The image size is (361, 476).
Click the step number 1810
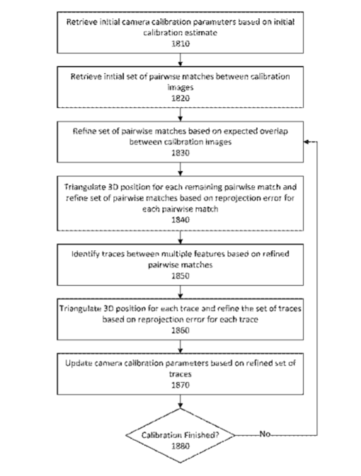[180, 43]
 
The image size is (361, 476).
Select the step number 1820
[180, 98]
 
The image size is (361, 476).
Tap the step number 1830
[180, 153]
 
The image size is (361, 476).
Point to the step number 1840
[180, 220]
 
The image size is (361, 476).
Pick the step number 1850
[180, 276]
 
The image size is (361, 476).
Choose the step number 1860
[180, 330]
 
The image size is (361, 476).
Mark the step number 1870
[180, 385]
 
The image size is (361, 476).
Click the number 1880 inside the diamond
[180, 446]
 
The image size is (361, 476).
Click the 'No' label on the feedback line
[265, 434]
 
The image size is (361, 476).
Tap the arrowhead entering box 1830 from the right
[306, 142]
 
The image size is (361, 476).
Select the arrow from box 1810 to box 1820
[180, 60]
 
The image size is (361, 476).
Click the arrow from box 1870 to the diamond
[180, 401]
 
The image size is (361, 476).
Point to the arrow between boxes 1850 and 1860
[180, 292]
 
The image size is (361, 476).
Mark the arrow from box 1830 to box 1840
[180, 169]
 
